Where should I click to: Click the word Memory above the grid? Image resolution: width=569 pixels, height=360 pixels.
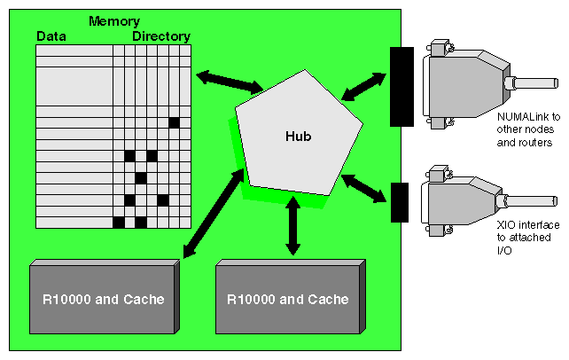[113, 20]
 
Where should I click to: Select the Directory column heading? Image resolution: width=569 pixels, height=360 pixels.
[161, 36]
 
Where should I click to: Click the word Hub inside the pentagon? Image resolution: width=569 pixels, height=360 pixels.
[298, 137]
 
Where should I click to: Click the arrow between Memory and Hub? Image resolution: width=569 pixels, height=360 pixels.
[229, 80]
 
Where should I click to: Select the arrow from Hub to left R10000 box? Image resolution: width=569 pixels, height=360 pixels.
[213, 213]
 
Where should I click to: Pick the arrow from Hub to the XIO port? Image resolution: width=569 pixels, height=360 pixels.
[365, 188]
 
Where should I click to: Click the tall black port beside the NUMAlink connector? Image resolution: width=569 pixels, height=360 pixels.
[401, 87]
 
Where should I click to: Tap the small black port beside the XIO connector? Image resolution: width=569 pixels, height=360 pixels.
[400, 202]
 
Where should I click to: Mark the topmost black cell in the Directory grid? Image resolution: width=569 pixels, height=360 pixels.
[174, 122]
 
